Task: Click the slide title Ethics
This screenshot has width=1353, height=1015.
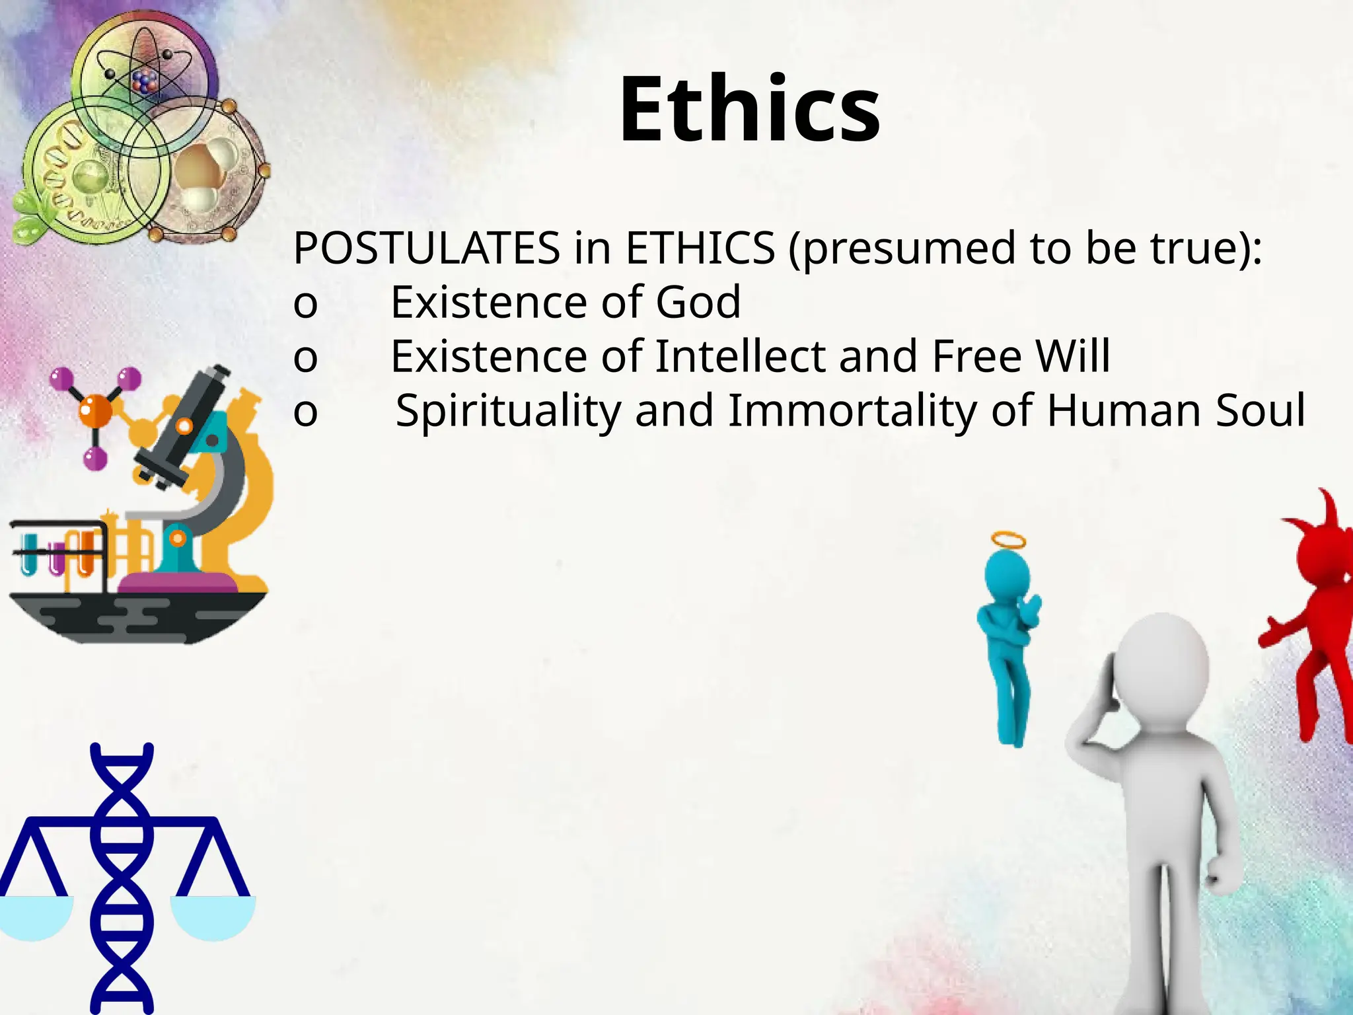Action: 749,109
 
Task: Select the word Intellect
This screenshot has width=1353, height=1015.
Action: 740,356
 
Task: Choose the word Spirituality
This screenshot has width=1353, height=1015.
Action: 508,410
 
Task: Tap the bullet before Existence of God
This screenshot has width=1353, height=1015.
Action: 305,305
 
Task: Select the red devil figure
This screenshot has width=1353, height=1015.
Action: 1315,615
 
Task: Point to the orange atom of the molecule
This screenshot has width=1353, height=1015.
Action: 96,410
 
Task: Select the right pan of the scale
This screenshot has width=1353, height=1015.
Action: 213,916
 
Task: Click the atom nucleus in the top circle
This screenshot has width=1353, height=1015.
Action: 145,82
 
